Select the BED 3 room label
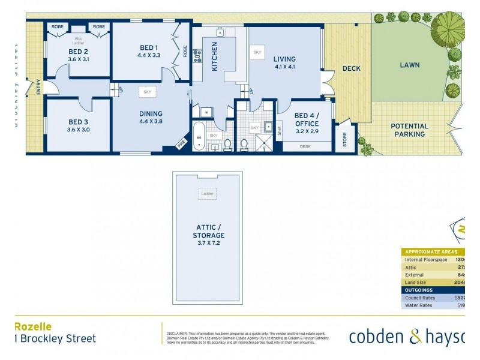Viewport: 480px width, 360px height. pyautogui.click(x=79, y=126)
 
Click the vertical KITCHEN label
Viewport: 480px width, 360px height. pyautogui.click(x=214, y=57)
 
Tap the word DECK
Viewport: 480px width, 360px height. pyautogui.click(x=352, y=68)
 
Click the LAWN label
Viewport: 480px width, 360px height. pyautogui.click(x=410, y=65)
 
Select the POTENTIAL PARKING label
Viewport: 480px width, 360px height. pyautogui.click(x=410, y=130)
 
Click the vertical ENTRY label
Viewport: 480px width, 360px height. pyautogui.click(x=38, y=87)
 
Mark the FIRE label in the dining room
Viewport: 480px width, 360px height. pyautogui.click(x=180, y=145)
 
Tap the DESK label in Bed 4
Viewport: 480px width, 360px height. pyautogui.click(x=305, y=146)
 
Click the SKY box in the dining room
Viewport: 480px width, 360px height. pyautogui.click(x=147, y=92)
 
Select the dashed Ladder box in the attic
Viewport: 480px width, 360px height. pyautogui.click(x=208, y=194)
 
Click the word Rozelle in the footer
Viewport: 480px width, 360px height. pyautogui.click(x=33, y=327)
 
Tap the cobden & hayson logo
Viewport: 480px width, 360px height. pyautogui.click(x=407, y=337)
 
